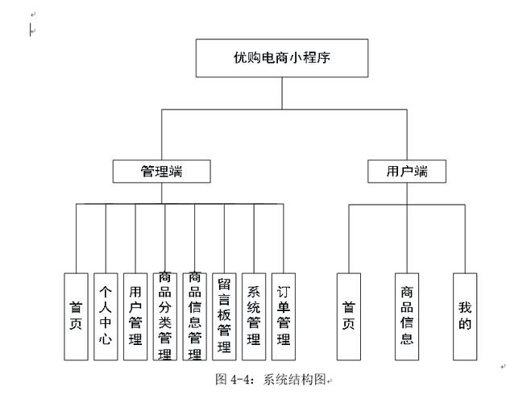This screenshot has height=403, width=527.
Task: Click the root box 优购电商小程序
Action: pos(282,59)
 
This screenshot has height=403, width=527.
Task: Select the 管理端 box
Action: pos(161,171)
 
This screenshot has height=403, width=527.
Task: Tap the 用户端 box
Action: pos(407,171)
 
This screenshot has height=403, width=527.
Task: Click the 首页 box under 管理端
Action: pos(76,317)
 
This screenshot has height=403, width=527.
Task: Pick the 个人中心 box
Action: pos(105,317)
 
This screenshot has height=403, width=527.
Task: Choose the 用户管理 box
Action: pos(135,317)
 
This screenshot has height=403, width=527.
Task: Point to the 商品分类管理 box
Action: pos(164,317)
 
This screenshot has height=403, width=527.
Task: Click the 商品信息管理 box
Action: pos(194,317)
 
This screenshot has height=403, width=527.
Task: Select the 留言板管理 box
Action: pos(224,317)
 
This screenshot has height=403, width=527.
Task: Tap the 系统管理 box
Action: pos(254,317)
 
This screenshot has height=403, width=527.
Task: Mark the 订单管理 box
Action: pos(283,317)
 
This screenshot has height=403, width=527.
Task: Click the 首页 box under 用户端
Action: pos(349,317)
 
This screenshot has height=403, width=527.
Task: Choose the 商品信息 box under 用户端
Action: pos(407,317)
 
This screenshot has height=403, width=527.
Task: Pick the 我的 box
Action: pos(465,317)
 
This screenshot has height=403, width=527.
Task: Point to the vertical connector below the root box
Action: pos(282,93)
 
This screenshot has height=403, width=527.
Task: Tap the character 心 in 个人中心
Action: pos(105,339)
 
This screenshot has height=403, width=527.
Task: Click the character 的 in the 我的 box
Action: pos(465,326)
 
